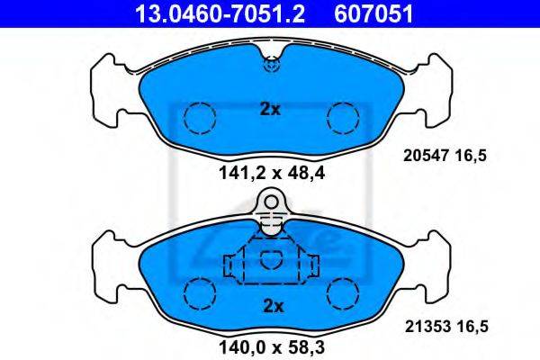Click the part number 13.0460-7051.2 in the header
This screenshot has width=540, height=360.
[x=220, y=13]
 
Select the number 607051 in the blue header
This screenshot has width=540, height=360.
[x=373, y=13]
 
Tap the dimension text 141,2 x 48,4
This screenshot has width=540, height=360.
[x=272, y=174]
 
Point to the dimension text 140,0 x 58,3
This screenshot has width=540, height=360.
[x=272, y=347]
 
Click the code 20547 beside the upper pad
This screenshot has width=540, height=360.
[x=426, y=156]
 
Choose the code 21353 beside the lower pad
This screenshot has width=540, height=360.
[x=427, y=326]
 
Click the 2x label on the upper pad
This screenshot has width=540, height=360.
[x=270, y=110]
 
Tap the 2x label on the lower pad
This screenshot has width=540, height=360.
[x=273, y=306]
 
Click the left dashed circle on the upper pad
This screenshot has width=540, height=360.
[x=200, y=118]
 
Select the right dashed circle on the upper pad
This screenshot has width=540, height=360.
[x=343, y=118]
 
